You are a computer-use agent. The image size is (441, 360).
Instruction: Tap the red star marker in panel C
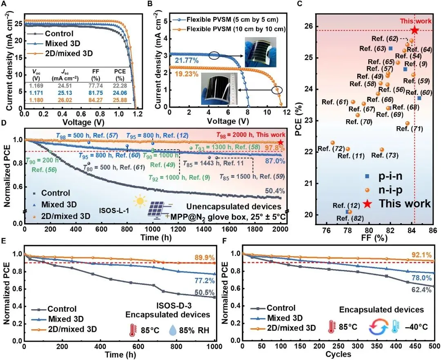[414, 30]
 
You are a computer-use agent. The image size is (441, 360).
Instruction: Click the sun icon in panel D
[140, 201]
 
